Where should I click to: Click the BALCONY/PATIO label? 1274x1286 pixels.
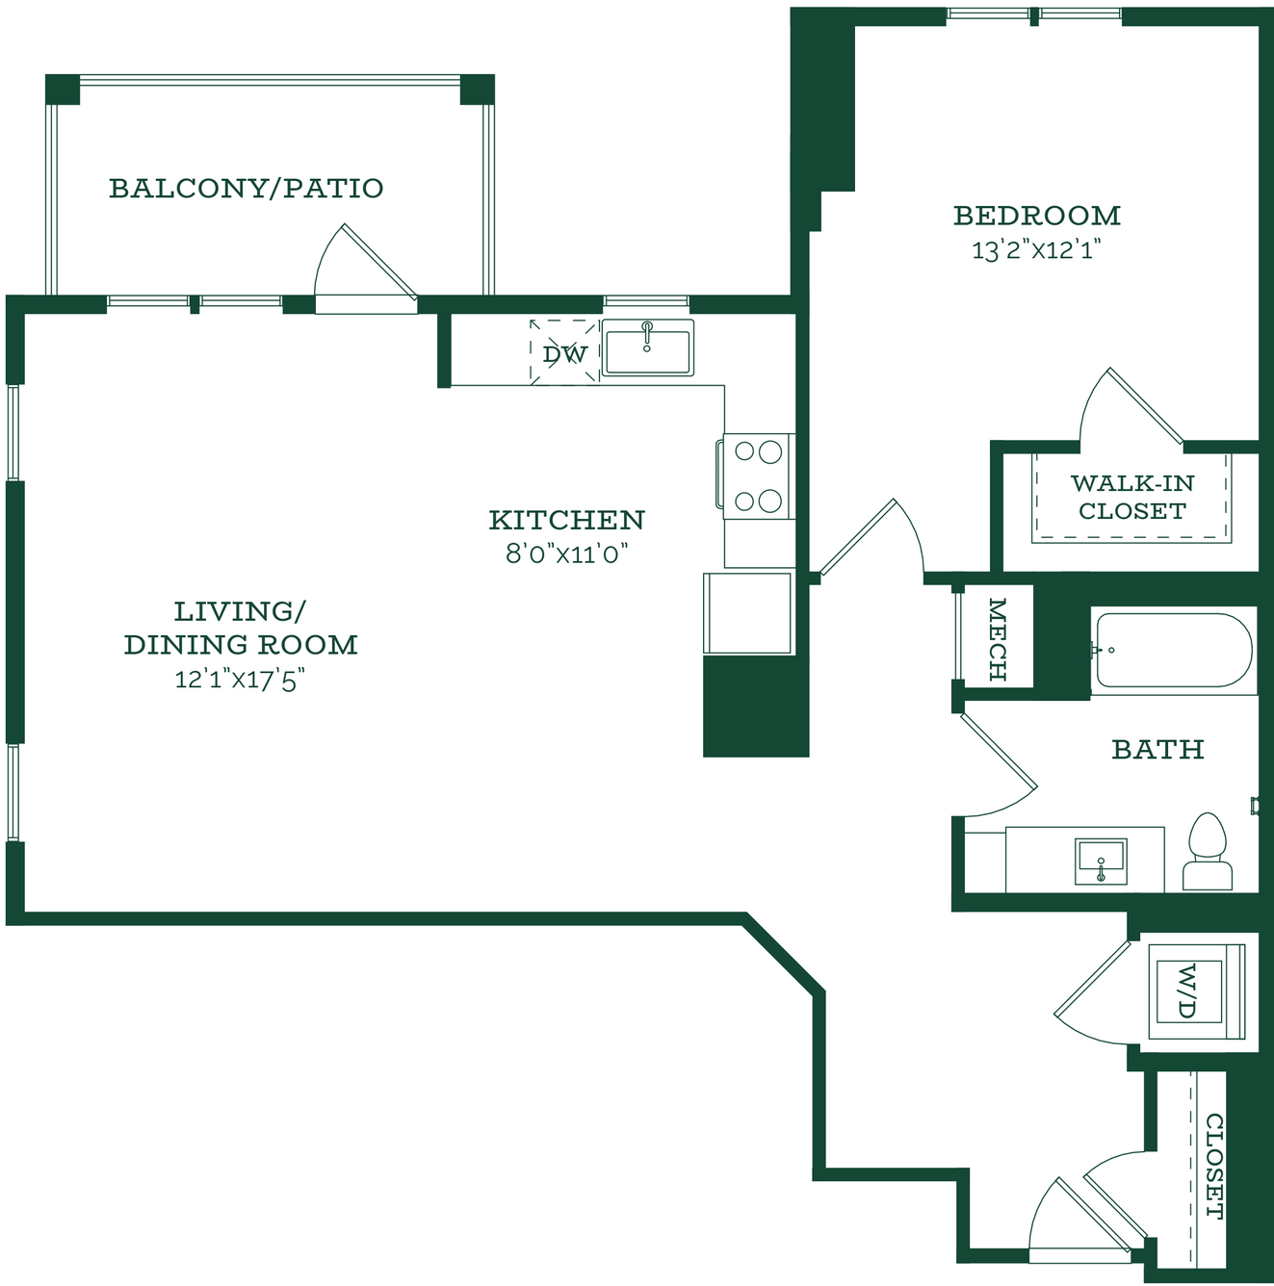(x=247, y=189)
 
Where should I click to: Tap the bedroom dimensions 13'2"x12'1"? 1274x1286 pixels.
(x=1035, y=250)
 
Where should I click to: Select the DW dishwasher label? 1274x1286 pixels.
(x=565, y=353)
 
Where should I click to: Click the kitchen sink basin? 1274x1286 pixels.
(x=647, y=347)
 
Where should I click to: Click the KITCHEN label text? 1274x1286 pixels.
(x=567, y=520)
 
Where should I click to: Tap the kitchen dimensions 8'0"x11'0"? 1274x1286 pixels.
(x=567, y=553)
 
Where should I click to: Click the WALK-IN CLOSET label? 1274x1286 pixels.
(x=1132, y=497)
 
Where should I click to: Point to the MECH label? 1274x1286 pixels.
(x=997, y=639)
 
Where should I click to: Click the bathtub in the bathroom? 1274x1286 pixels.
(x=1174, y=651)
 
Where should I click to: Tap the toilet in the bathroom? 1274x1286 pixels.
(x=1208, y=851)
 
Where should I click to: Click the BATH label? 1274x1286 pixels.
(x=1157, y=750)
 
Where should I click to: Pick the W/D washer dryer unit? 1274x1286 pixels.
(x=1197, y=991)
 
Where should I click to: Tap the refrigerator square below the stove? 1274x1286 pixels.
(x=748, y=612)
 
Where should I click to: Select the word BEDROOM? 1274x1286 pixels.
(x=1037, y=216)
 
